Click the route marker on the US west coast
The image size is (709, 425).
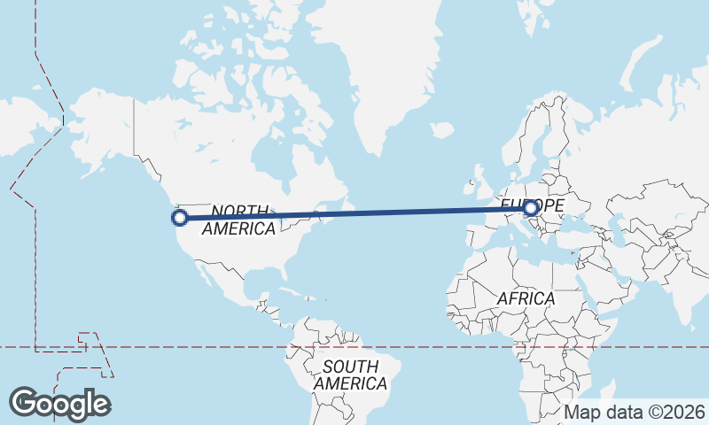pyautogui.click(x=179, y=216)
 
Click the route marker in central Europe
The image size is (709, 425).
pyautogui.click(x=531, y=209)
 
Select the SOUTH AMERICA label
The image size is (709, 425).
pyautogui.click(x=350, y=375)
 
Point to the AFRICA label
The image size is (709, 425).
pyautogui.click(x=526, y=299)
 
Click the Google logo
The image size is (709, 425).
pyautogui.click(x=59, y=404)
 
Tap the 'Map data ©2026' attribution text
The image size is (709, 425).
pyautogui.click(x=635, y=412)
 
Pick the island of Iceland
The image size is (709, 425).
pyautogui.click(x=442, y=131)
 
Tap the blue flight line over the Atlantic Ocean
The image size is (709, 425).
pyautogui.click(x=399, y=212)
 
